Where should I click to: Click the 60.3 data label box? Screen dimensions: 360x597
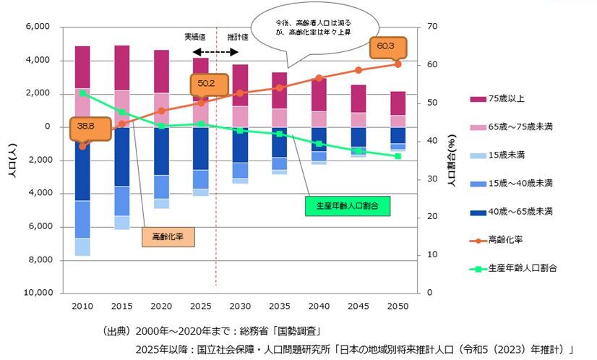[x=385, y=46]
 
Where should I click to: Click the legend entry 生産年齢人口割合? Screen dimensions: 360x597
[x=521, y=267]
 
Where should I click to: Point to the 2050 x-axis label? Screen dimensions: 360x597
[x=398, y=306]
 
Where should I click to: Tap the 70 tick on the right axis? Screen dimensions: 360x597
[x=433, y=27]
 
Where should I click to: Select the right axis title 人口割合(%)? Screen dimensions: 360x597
[x=452, y=160]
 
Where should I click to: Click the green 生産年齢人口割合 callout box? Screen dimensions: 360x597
[x=347, y=205]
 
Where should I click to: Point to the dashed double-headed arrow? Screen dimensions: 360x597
[x=215, y=52]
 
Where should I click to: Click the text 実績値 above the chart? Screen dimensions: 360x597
[x=194, y=36]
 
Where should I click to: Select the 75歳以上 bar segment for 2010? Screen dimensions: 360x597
[x=82, y=67]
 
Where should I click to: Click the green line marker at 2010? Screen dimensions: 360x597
[x=82, y=93]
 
